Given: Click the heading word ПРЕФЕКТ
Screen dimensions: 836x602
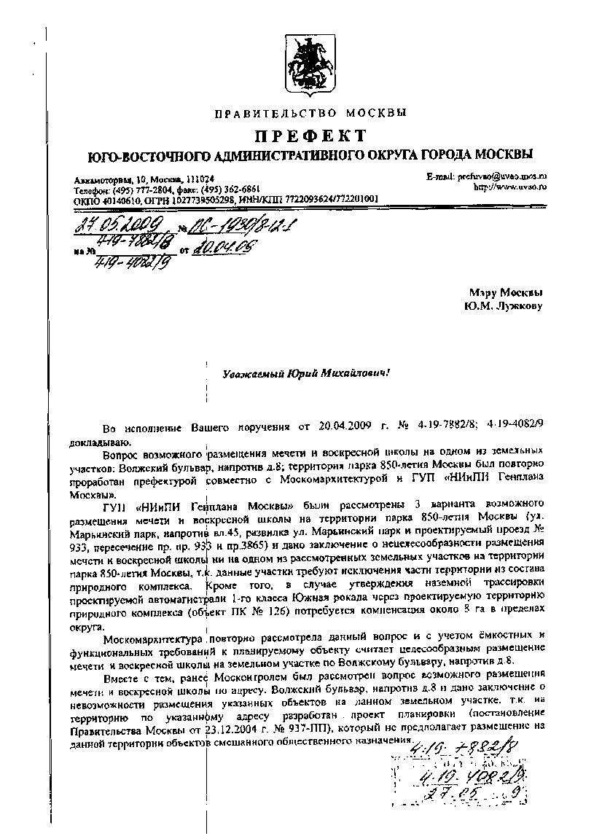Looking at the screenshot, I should tap(310, 136).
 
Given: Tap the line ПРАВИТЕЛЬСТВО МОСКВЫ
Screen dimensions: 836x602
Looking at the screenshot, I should tap(310, 113).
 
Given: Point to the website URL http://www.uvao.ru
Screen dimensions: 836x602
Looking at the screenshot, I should tap(510, 187).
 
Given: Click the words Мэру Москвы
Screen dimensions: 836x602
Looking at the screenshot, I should tap(507, 293).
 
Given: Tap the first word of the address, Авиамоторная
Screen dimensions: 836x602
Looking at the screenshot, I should tap(103, 179).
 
